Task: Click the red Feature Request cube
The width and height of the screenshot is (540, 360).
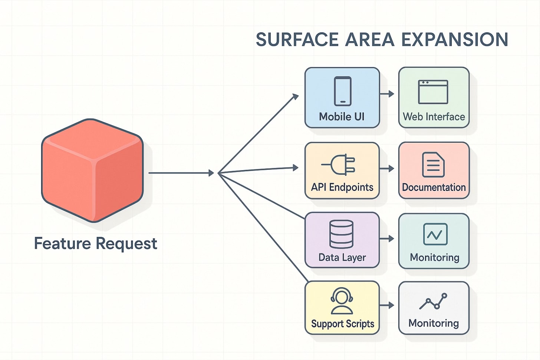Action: pyautogui.click(x=92, y=170)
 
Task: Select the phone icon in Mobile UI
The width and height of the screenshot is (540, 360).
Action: pyautogui.click(x=342, y=91)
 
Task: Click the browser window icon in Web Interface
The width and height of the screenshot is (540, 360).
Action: pyautogui.click(x=433, y=92)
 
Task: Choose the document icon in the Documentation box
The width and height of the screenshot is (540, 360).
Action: pyautogui.click(x=433, y=165)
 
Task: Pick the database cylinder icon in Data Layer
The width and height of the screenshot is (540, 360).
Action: pyautogui.click(x=341, y=234)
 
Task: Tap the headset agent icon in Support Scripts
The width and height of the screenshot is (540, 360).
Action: pyautogui.click(x=342, y=301)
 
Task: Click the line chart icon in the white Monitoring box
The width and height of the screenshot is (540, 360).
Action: pyautogui.click(x=433, y=301)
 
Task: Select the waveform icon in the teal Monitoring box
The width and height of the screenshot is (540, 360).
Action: pyautogui.click(x=435, y=234)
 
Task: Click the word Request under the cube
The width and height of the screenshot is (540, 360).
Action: pyautogui.click(x=126, y=244)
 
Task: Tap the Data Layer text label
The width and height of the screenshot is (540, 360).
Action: pyautogui.click(x=342, y=257)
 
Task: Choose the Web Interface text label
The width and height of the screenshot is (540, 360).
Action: pyautogui.click(x=434, y=117)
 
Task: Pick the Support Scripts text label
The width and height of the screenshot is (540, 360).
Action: pyautogui.click(x=342, y=324)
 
